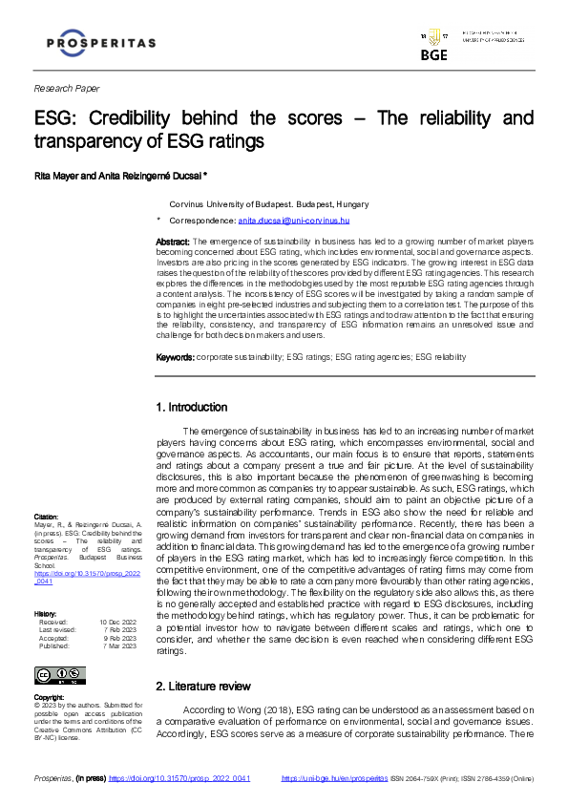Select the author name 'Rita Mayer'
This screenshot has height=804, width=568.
point(58,175)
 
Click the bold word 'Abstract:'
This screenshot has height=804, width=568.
point(173,243)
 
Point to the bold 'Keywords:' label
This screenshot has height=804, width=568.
point(175,356)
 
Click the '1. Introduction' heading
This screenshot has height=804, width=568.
point(192,407)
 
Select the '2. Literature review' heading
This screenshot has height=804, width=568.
point(203,686)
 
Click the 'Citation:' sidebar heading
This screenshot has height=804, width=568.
point(46,517)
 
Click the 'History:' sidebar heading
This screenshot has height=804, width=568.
point(45,586)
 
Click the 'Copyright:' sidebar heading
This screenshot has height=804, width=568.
point(50,697)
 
